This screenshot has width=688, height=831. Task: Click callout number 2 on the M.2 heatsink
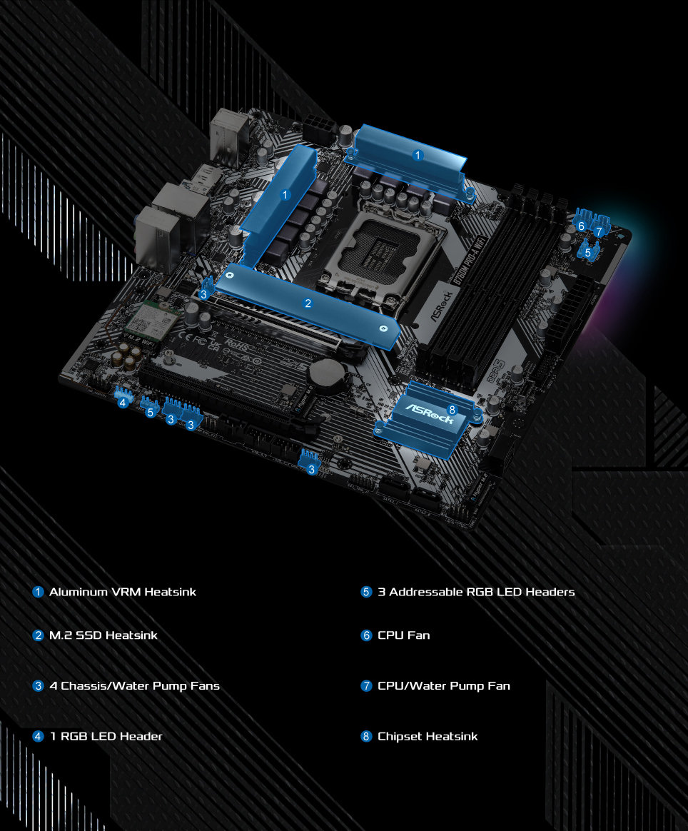coord(308,303)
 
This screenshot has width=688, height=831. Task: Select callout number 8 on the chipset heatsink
coord(451,409)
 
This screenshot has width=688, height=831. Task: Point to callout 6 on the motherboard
coord(581,226)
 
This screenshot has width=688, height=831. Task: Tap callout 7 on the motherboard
coord(599,231)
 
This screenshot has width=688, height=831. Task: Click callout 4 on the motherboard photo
coord(123,403)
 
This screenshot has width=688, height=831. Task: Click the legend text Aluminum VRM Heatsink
coord(122,592)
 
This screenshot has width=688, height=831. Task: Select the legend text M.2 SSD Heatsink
coord(103,635)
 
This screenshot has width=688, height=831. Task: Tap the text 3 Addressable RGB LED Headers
coord(476,592)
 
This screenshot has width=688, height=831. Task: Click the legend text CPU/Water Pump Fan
coord(443,686)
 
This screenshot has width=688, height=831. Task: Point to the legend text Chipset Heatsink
coord(428,736)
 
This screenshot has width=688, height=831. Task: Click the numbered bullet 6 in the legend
coord(367,635)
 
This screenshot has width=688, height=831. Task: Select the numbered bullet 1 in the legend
coord(39,592)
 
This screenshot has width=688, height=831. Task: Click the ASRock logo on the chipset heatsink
coord(430,414)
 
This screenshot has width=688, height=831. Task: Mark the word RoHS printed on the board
coord(236,343)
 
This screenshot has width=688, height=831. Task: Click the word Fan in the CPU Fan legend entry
coord(419,635)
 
